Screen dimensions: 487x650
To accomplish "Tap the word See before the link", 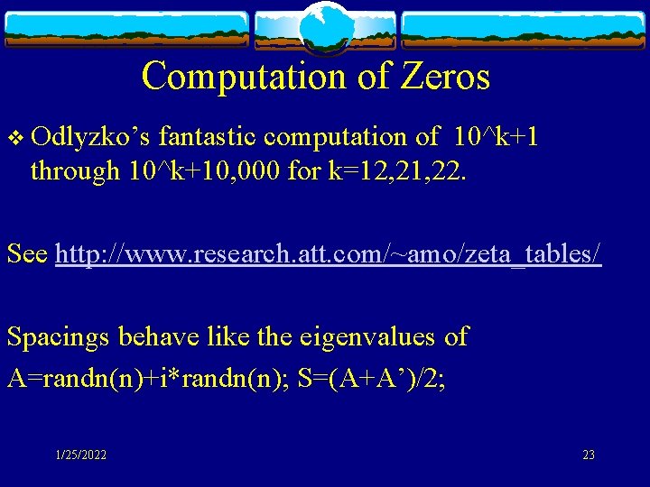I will click(x=27, y=254).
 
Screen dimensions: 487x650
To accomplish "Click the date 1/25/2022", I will click(x=80, y=455).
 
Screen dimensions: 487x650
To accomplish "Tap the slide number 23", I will click(x=589, y=455).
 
